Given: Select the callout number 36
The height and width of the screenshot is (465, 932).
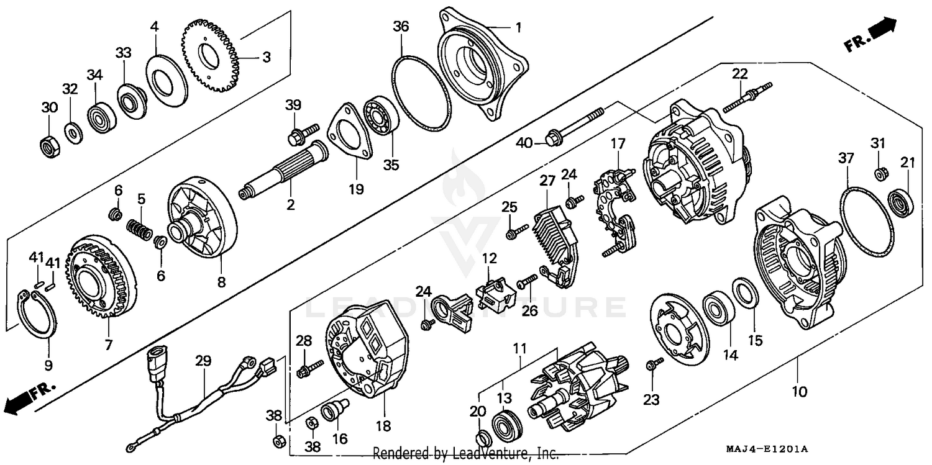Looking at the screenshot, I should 401,27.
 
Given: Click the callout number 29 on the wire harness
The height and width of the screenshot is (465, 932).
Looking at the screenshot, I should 203,361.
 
